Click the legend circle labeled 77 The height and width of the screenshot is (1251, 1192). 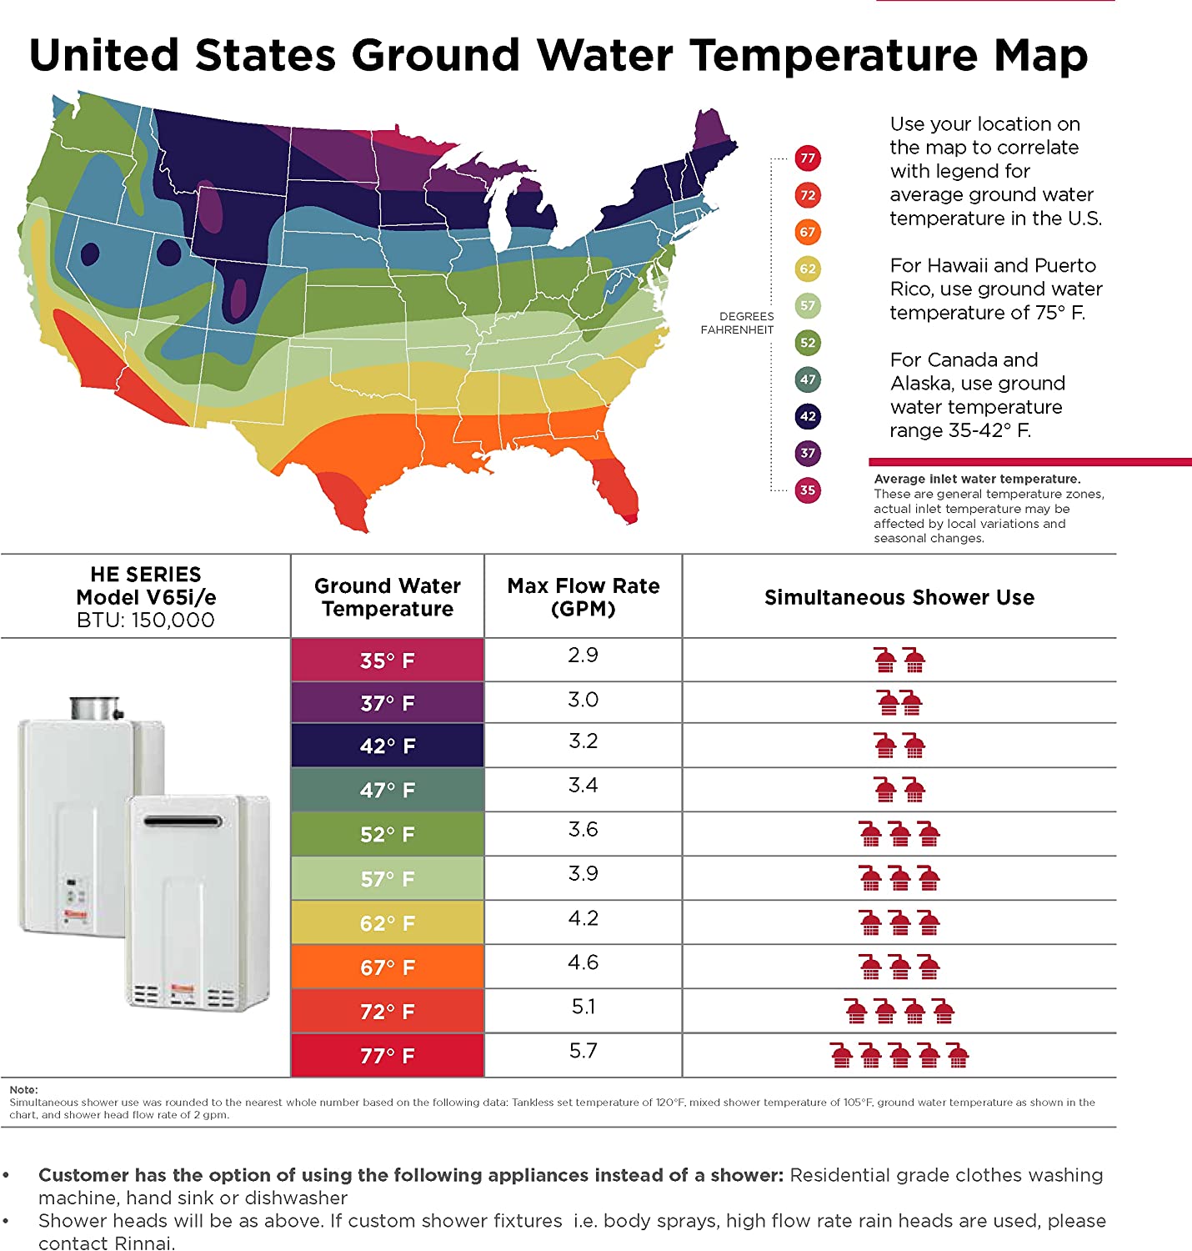807,158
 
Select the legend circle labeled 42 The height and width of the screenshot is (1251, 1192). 807,416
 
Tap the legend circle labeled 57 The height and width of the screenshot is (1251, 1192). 807,305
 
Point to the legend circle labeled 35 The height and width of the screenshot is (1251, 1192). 807,490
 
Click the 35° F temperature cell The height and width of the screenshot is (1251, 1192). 388,661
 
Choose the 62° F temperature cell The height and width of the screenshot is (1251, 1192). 388,923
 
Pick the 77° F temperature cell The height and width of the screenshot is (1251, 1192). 388,1056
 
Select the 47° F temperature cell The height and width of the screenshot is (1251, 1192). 388,790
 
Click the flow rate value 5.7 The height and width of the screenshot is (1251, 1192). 583,1051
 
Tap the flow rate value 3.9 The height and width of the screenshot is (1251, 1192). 583,873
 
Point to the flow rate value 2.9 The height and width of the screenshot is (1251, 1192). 583,655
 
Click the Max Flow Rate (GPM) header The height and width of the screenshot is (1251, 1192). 583,597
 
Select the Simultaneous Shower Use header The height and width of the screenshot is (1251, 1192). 899,597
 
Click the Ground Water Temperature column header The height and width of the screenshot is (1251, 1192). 388,597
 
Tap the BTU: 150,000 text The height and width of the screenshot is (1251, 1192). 146,620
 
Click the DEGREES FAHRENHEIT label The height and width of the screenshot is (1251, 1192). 738,323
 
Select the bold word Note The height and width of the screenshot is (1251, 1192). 23,1089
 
